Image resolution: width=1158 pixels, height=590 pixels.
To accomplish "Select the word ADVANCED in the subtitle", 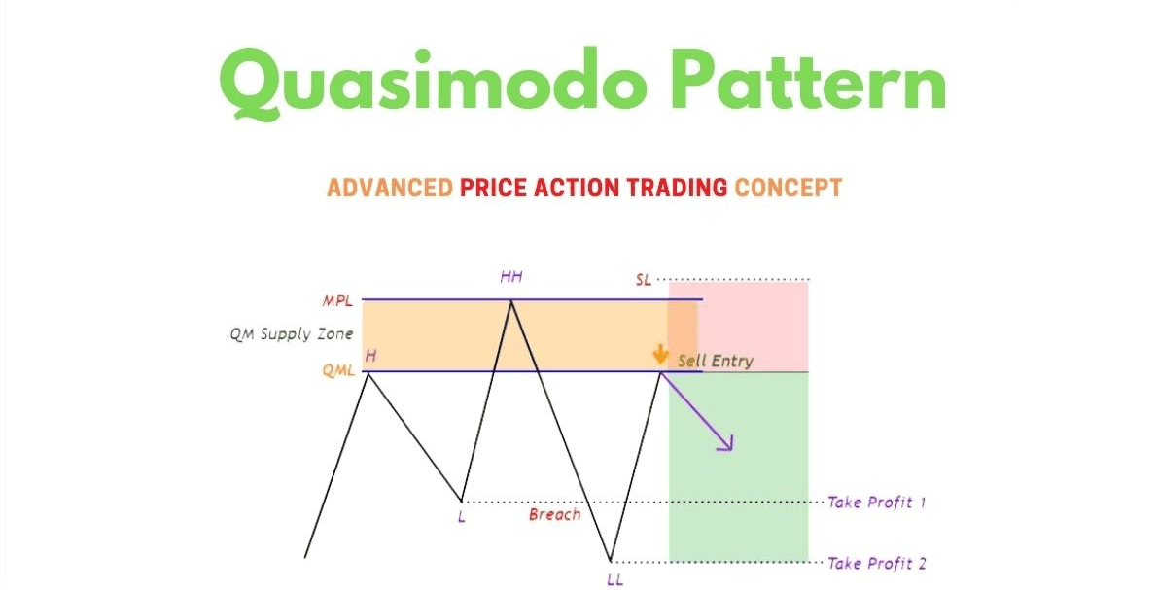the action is pos(389,188).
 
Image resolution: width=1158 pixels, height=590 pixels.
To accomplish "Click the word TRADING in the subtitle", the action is pos(678,188).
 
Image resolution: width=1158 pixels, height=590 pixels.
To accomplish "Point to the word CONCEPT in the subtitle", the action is pos(788,188).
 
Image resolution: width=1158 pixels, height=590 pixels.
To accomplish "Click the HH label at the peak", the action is pos(511,277).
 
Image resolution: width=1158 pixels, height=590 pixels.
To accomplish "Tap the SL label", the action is pos(644,280).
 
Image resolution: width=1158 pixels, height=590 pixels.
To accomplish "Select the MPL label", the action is pos(337,301).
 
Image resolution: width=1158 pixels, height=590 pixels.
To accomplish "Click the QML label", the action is pos(338,371).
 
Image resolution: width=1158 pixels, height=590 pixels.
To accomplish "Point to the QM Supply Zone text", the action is pos(291,334).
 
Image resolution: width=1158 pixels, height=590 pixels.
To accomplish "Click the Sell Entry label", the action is pos(716,361).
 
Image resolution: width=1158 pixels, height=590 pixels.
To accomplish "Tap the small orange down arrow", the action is pos(660,355).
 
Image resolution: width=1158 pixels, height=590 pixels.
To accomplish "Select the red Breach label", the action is pos(554,515).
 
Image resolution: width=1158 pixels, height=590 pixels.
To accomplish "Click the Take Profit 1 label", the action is pos(877,503).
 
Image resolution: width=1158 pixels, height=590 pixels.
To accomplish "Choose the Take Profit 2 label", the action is pos(877,564).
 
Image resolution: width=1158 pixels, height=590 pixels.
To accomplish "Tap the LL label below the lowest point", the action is pos(614,580).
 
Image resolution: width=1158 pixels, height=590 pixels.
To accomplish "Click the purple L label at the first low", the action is pos(462,517).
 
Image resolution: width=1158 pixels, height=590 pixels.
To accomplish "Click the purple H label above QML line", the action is pos(370,356).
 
